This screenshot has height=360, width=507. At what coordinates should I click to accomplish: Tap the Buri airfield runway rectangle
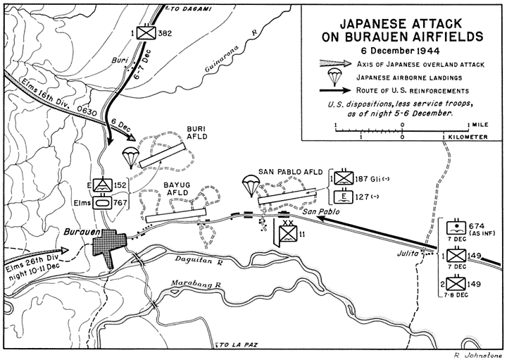(x=163, y=155)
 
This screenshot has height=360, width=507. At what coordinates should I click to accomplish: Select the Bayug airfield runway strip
(x=176, y=216)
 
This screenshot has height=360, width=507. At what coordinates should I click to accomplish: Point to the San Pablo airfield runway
(x=287, y=196)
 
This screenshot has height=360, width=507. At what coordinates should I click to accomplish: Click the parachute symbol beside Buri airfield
(x=130, y=156)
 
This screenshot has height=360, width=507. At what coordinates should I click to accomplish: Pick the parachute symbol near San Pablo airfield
(x=251, y=185)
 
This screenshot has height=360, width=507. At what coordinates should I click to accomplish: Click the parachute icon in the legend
(x=335, y=77)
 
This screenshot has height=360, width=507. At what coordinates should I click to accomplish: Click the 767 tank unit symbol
(x=103, y=203)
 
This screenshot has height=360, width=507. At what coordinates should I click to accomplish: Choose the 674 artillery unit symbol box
(x=456, y=228)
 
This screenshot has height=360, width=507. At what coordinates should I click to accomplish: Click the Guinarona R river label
(x=230, y=53)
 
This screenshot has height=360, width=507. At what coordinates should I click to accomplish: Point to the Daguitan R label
(x=199, y=259)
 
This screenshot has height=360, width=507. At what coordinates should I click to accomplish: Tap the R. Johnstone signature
(x=480, y=356)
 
